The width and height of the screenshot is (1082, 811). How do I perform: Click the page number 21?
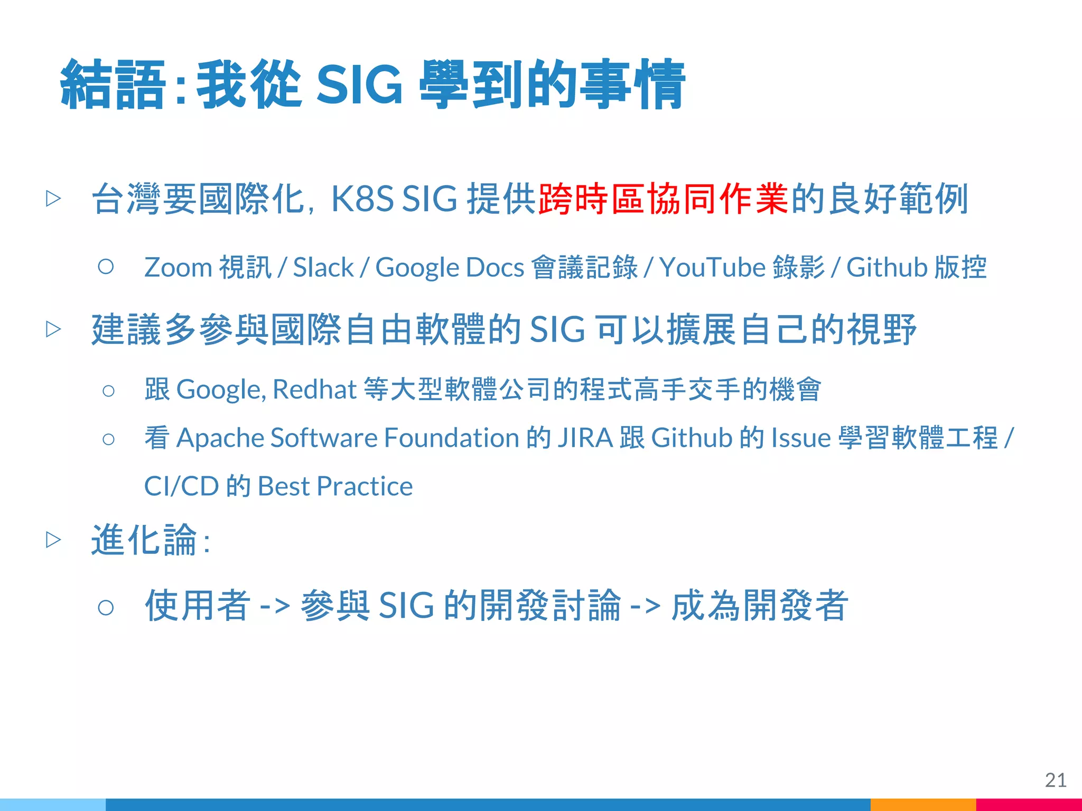[x=1055, y=780]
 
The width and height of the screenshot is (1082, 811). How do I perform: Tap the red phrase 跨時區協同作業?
[x=663, y=199]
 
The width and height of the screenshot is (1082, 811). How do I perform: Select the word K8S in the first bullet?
[x=362, y=199]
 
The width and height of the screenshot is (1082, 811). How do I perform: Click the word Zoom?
[x=178, y=267]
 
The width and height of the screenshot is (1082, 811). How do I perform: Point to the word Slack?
[x=323, y=267]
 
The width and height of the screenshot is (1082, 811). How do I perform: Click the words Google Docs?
[x=449, y=267]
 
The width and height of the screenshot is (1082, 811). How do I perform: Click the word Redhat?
[x=315, y=390]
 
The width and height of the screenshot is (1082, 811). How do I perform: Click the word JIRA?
[x=585, y=438]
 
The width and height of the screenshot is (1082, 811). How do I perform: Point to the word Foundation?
[x=452, y=438]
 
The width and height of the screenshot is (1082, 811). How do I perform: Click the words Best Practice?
[x=335, y=486]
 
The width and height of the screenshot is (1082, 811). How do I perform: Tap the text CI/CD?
[x=181, y=486]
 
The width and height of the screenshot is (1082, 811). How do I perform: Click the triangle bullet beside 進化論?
[x=53, y=540]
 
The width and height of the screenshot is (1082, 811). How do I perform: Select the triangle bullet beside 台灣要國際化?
[x=53, y=199]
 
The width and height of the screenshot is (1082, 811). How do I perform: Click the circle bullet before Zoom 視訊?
[x=106, y=266]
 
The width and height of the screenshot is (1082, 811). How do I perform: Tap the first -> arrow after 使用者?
[x=275, y=606]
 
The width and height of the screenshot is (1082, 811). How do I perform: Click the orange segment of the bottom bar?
[x=922, y=804]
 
